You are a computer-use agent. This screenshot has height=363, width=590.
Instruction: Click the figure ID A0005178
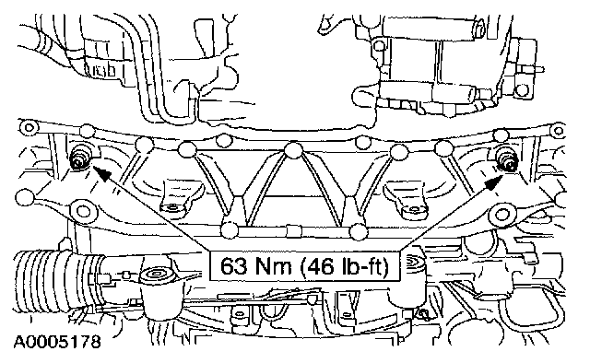pos(57,342)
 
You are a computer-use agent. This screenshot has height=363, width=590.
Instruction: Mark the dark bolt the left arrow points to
pos(78,158)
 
